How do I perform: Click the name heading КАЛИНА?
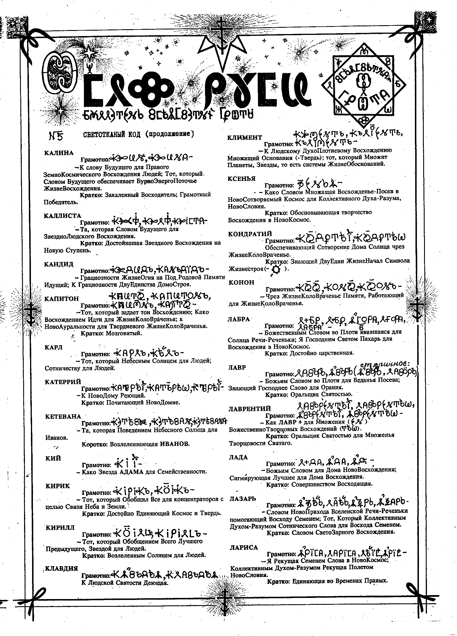coord(59,153)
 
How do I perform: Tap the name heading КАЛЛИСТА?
coord(63,216)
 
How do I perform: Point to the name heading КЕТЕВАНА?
coord(63,416)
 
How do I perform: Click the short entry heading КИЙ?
coord(53,458)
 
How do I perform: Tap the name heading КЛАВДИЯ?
coord(61,568)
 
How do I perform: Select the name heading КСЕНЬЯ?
coord(242,178)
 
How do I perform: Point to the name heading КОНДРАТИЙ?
coord(250,234)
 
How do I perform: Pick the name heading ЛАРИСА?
coord(244,547)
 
